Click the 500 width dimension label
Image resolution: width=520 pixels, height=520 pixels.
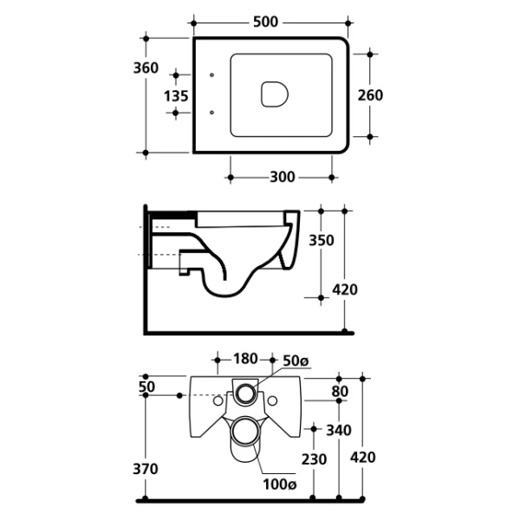click(265, 22)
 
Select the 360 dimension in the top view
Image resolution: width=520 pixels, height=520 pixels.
click(146, 68)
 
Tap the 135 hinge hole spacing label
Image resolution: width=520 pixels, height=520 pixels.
click(176, 96)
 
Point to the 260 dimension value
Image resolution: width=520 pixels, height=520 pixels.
click(370, 95)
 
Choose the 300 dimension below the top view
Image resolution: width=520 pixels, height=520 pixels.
click(283, 177)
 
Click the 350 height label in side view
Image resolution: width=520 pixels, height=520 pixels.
click(322, 240)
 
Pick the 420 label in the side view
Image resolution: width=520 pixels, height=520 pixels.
click(345, 289)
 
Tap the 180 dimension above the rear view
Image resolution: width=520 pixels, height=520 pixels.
click(245, 359)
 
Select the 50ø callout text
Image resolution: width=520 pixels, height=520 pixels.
click(296, 361)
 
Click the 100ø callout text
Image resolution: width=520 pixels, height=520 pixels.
click(280, 484)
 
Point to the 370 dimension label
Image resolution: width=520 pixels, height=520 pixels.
click(146, 469)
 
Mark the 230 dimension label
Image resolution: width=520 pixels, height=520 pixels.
click(314, 459)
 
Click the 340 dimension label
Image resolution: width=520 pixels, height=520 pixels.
click(339, 431)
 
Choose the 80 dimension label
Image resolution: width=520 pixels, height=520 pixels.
click(340, 392)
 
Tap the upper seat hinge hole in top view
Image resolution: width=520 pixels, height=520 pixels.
click(212, 75)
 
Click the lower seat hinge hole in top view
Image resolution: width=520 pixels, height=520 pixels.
click(212, 113)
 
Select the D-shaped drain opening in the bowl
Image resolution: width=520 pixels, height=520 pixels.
click(274, 94)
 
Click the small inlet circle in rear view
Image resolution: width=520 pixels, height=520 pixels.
click(246, 393)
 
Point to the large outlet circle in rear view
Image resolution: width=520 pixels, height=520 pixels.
click(246, 432)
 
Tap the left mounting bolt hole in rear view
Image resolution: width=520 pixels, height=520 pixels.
click(218, 401)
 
